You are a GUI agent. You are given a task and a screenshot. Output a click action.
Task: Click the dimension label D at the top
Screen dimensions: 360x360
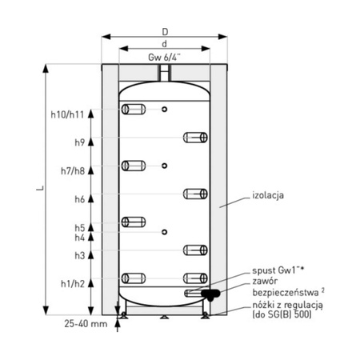[x=166, y=32]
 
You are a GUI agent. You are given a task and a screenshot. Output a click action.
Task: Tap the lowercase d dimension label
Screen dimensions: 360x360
[x=165, y=43]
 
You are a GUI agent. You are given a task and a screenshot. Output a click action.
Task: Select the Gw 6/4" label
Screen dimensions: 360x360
[x=164, y=57]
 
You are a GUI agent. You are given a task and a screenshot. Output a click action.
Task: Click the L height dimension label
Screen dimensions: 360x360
[x=40, y=188]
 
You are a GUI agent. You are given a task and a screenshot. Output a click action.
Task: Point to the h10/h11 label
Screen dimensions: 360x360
[x=67, y=114]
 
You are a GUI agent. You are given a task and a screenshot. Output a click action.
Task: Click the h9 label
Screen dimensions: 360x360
[x=80, y=142]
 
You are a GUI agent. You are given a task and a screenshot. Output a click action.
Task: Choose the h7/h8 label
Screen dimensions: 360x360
[x=73, y=170]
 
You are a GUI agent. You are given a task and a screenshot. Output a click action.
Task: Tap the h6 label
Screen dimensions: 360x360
[x=80, y=199]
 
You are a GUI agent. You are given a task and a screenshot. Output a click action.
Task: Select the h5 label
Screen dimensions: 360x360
[x=80, y=228]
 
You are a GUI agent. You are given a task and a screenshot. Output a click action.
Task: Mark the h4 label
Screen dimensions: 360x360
[x=80, y=238]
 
